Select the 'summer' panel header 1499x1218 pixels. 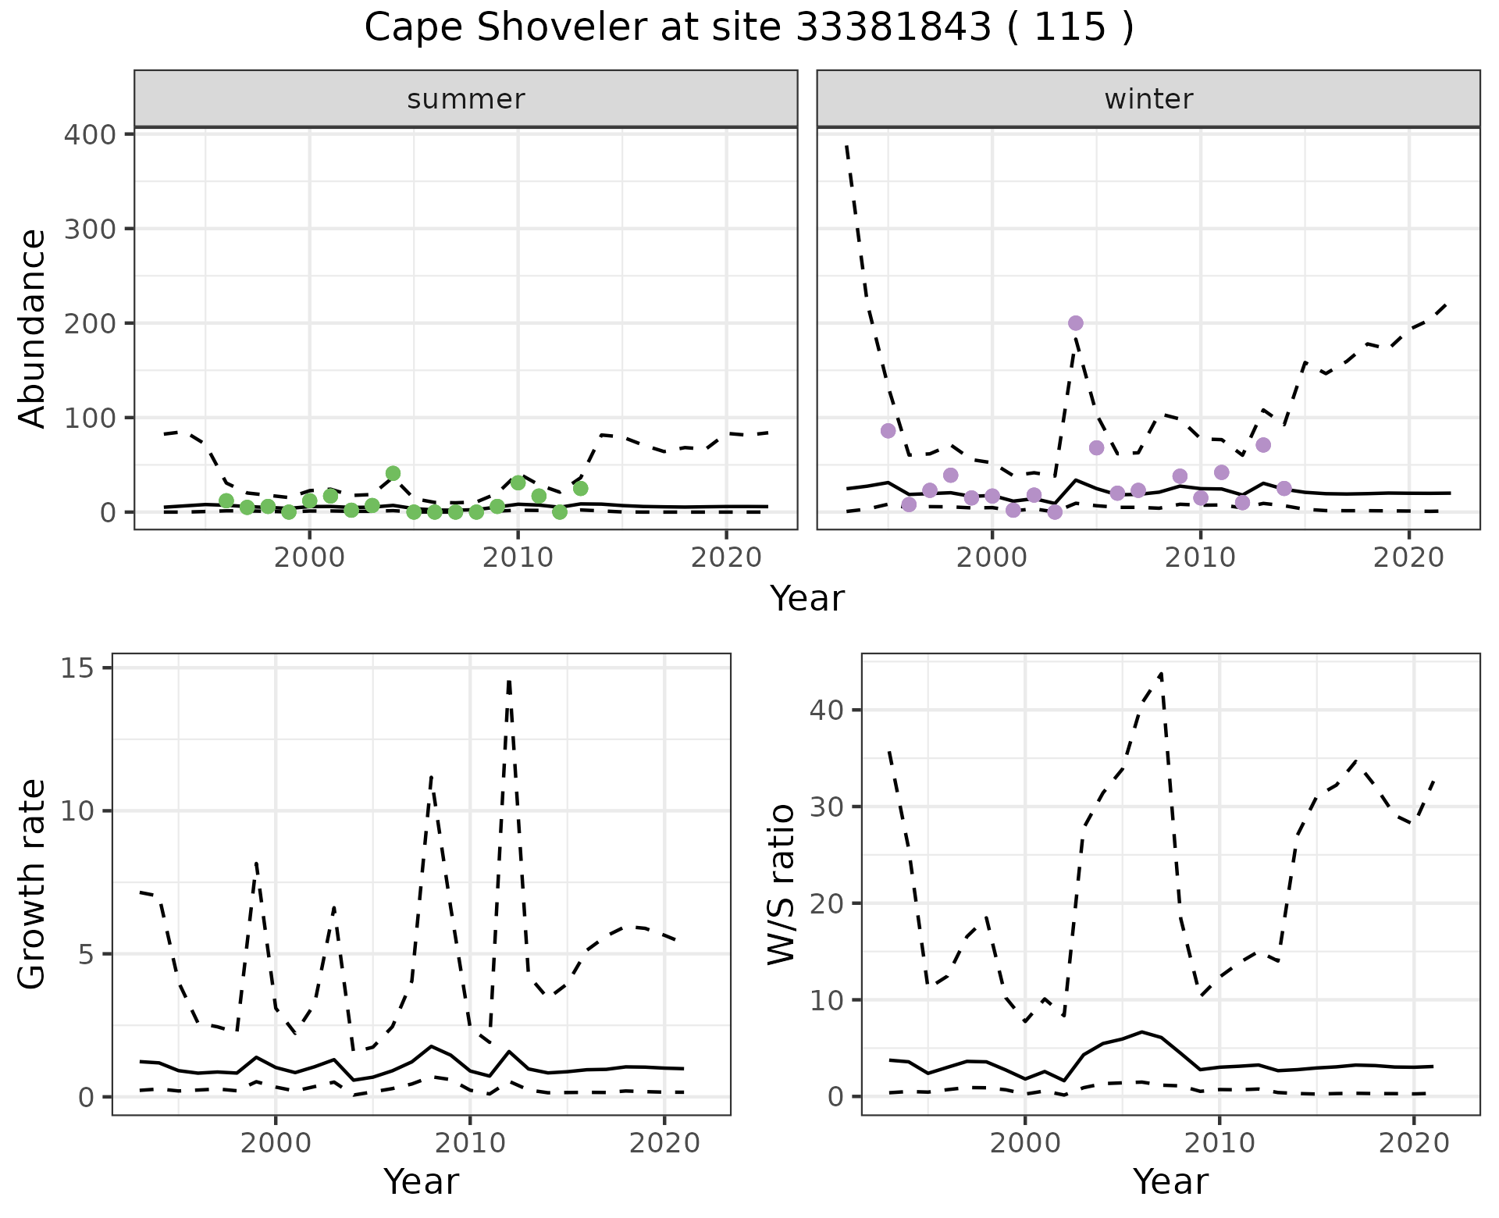point(466,99)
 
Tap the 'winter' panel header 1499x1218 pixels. point(1148,99)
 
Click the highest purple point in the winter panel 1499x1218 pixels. point(1076,323)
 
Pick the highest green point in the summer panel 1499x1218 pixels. point(393,473)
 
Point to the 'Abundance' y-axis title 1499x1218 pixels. point(33,328)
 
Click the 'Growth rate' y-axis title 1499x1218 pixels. point(33,885)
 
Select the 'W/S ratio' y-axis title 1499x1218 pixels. point(782,885)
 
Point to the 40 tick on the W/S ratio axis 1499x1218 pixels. point(827,710)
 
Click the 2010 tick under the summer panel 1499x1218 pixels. point(518,557)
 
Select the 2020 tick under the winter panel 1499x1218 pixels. point(1408,557)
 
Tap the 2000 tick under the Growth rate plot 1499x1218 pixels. point(275,1143)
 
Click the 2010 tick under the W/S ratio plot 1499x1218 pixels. point(1219,1143)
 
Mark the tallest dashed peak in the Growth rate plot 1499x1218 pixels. point(509,681)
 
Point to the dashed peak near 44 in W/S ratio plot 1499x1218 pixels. point(1161,673)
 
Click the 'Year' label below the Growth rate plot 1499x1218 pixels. point(421,1182)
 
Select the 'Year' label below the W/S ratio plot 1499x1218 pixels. point(1170,1182)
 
